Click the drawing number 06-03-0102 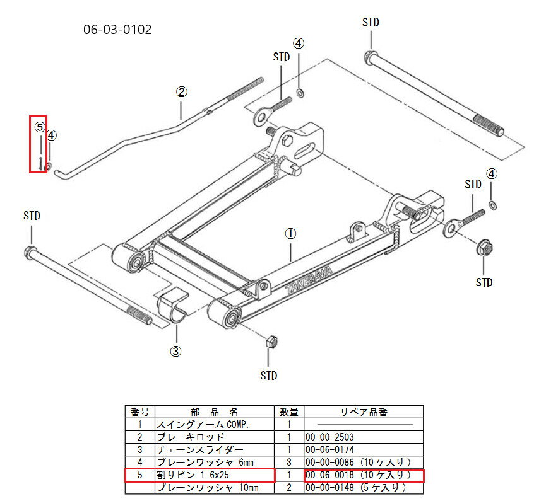click(x=117, y=30)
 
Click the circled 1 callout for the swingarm click(x=290, y=234)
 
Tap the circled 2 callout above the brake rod click(x=181, y=92)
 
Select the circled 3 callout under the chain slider click(x=175, y=352)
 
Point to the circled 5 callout click(x=40, y=127)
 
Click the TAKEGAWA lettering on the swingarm click(x=309, y=280)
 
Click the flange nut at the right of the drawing click(x=484, y=247)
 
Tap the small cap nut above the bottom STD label click(x=271, y=342)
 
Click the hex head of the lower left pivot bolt click(x=31, y=251)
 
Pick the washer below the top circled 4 click(x=299, y=93)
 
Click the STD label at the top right click(x=371, y=22)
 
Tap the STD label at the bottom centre click(x=269, y=376)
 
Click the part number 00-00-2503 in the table click(x=329, y=437)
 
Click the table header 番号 click(x=140, y=412)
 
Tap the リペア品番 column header click(x=364, y=412)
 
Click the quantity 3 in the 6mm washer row click(x=289, y=463)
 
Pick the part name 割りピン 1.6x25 click(x=193, y=475)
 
